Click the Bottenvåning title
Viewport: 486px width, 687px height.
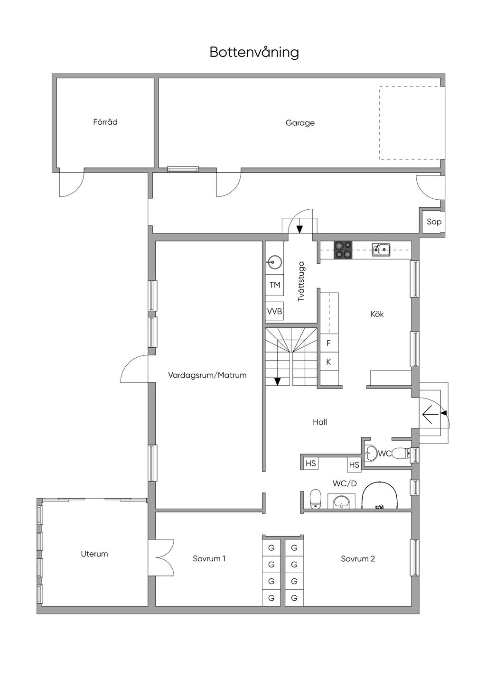(254, 53)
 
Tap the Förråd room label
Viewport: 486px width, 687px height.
(105, 122)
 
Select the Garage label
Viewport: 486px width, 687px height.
(300, 123)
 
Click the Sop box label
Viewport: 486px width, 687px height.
(434, 222)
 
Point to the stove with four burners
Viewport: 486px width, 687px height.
(343, 250)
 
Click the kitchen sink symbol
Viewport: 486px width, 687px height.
(381, 250)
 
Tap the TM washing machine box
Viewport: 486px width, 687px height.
(275, 285)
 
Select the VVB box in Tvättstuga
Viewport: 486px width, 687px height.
(275, 311)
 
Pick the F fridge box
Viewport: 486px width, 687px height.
(329, 343)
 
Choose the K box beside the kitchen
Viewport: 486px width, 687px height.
(329, 362)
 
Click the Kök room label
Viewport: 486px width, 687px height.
(377, 314)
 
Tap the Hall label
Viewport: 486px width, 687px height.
(320, 422)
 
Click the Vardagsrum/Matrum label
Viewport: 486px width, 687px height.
(207, 375)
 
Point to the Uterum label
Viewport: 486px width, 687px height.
(94, 554)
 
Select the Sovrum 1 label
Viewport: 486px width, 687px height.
(209, 558)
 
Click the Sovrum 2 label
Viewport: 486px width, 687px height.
(358, 558)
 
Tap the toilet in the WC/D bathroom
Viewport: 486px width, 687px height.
(316, 499)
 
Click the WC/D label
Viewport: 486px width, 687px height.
(345, 483)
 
